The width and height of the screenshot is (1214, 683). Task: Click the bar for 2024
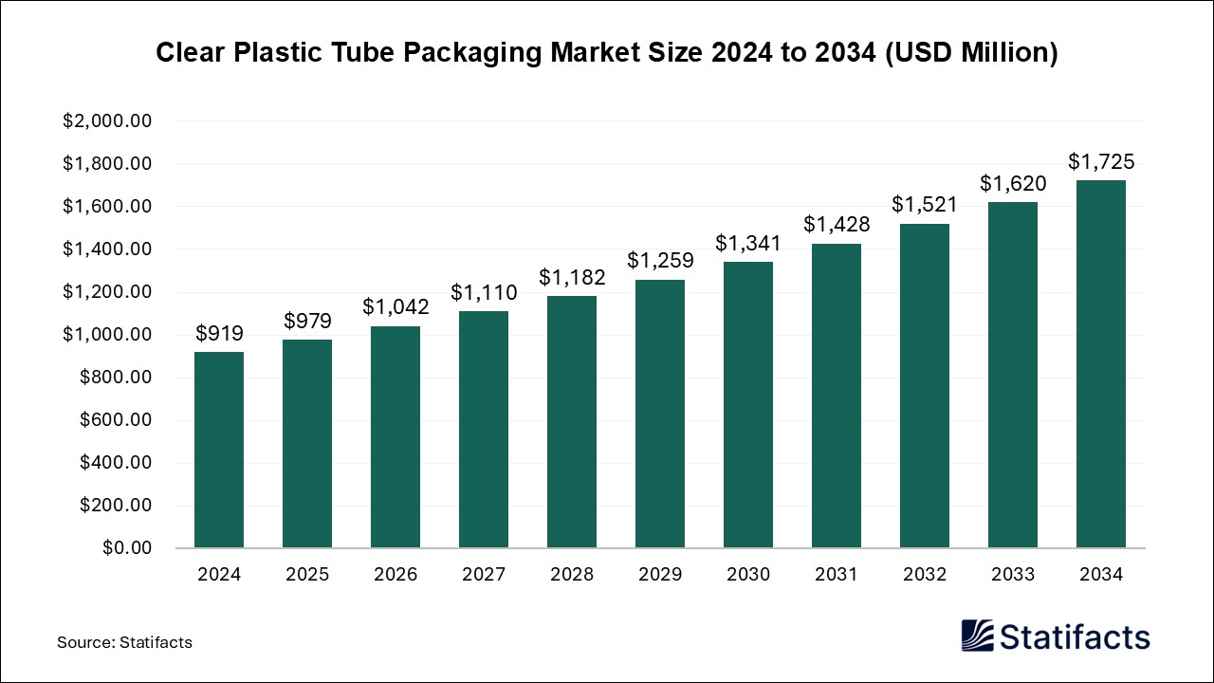[x=219, y=450]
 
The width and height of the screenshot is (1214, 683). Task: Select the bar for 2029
[x=660, y=414]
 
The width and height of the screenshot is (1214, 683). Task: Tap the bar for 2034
[x=1101, y=364]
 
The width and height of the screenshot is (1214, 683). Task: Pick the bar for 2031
[x=837, y=396]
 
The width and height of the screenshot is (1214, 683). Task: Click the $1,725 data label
[x=1101, y=161]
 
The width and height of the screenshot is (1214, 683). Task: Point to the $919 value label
[x=219, y=333]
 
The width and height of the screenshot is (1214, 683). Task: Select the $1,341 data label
[x=748, y=243]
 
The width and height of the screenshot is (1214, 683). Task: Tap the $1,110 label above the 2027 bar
[x=484, y=292]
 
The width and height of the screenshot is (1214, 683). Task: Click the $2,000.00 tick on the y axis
[x=107, y=121]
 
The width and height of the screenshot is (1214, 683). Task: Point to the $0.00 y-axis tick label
[x=126, y=548]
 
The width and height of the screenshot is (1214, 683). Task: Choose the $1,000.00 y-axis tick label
[x=107, y=335]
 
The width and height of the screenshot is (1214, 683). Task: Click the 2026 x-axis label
[x=395, y=574]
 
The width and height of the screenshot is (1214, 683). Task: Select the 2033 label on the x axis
[x=1013, y=574]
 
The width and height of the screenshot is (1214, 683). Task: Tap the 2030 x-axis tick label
[x=748, y=574]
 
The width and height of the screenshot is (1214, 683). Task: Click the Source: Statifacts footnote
[x=124, y=642]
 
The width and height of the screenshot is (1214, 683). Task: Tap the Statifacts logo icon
[x=978, y=636]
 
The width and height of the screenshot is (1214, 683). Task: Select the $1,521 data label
[x=925, y=204]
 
